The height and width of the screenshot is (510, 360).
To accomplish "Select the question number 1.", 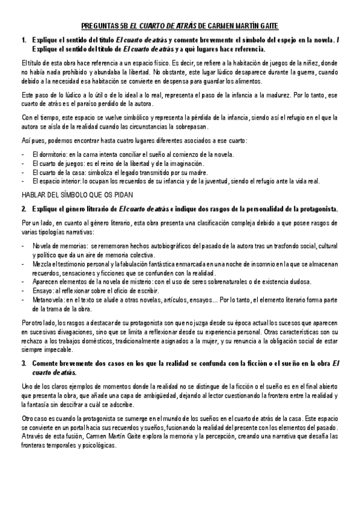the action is pos(23,40).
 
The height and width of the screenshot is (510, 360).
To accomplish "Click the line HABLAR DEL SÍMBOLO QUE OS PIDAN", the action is pos(77,195).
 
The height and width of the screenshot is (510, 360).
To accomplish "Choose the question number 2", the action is pos(23,209).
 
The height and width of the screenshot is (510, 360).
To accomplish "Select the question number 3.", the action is pos(23,364).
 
